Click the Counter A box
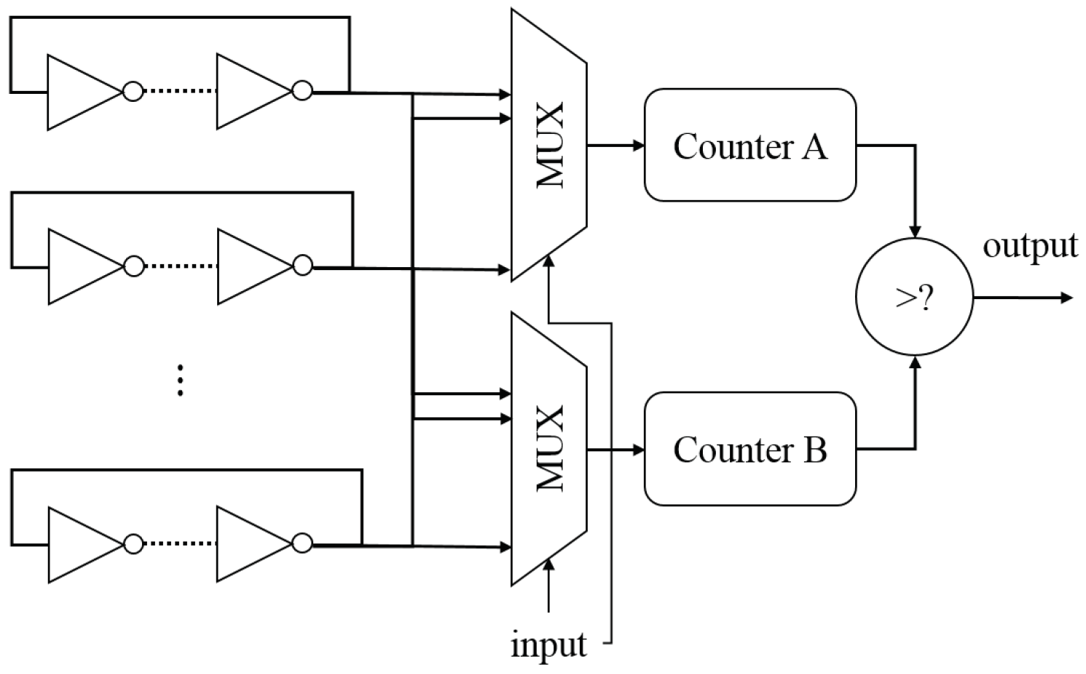click(x=749, y=145)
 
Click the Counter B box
click(x=749, y=449)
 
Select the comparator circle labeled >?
click(x=913, y=298)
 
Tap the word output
click(x=1030, y=246)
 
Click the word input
click(x=548, y=645)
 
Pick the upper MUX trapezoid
click(x=548, y=145)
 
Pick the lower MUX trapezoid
click(x=548, y=448)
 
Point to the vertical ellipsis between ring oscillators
click(x=180, y=381)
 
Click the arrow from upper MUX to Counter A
click(x=615, y=146)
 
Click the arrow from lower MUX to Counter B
click(x=615, y=450)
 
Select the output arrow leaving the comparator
click(x=1023, y=298)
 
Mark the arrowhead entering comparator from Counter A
click(x=916, y=231)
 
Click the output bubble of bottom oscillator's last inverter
click(x=302, y=544)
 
